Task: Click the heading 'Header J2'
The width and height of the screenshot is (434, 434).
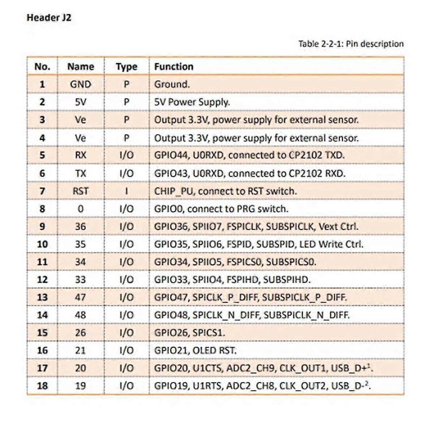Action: [x=49, y=18]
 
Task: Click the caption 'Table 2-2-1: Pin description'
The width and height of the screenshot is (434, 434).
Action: [x=350, y=44]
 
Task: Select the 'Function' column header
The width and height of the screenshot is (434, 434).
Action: [x=174, y=67]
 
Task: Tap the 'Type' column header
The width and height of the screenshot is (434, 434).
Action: [x=126, y=67]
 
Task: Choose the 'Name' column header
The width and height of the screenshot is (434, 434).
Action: [x=80, y=67]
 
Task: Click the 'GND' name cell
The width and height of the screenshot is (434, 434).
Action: [x=80, y=84]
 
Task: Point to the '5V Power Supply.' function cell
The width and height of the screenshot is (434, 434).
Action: [x=192, y=102]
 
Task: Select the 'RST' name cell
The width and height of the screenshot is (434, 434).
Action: [x=80, y=191]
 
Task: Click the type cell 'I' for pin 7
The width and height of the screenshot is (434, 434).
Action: [x=126, y=191]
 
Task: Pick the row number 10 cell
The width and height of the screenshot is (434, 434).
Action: [x=42, y=244]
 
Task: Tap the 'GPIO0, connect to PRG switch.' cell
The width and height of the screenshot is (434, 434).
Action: [x=221, y=209]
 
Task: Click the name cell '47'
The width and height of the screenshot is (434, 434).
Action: [x=80, y=297]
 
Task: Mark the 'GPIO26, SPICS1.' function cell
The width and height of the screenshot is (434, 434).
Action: [x=190, y=333]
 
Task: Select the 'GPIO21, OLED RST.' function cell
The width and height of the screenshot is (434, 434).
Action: [x=195, y=350]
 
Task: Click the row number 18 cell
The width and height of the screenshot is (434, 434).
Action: [x=42, y=386]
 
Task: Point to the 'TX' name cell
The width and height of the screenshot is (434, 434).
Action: [x=80, y=173]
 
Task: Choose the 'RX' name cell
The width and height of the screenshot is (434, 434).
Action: [x=80, y=155]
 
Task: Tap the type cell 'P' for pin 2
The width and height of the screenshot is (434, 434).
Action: [x=126, y=102]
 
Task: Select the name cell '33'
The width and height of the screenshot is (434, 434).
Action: [x=80, y=280]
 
